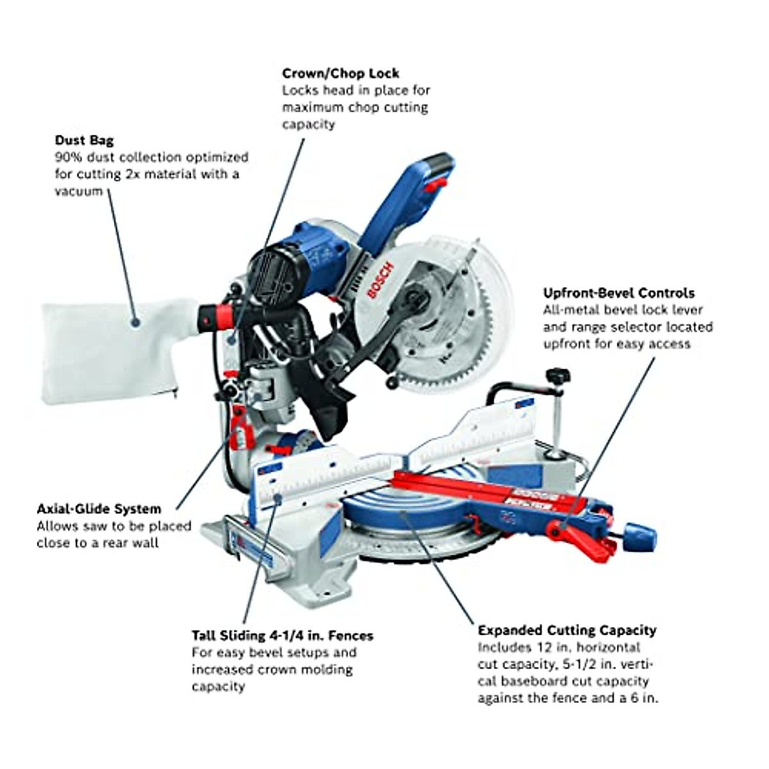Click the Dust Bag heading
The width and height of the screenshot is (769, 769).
(84, 140)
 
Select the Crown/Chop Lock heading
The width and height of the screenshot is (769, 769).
(340, 73)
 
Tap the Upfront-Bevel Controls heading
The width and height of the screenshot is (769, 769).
(618, 293)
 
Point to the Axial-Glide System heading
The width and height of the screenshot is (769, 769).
(99, 509)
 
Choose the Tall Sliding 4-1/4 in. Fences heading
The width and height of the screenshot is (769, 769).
(282, 636)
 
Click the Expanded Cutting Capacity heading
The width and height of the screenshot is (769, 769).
(566, 630)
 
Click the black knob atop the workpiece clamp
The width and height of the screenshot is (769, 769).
(556, 374)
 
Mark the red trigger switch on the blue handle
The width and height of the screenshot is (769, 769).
(436, 185)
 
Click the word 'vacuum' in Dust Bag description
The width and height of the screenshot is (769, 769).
(78, 191)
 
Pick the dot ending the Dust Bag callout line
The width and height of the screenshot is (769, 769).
(136, 322)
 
